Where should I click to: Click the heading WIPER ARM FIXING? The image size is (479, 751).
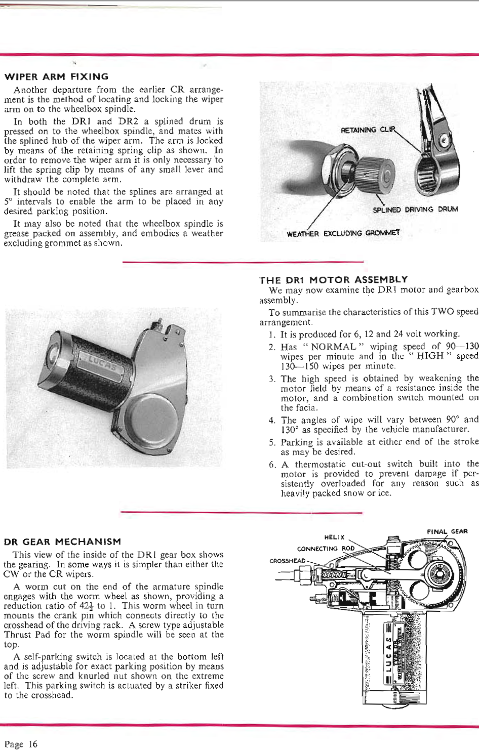point(56,77)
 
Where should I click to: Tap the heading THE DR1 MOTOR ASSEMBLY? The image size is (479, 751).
point(333,279)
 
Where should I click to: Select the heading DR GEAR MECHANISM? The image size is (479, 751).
point(62,541)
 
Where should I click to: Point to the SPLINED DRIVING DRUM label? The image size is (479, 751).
point(415,209)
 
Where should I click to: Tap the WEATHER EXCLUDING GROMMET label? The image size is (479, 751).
point(343,233)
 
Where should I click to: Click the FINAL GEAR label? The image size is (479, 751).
point(447,531)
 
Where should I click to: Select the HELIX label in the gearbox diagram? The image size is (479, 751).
point(334,537)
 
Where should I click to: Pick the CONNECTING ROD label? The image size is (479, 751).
point(326,549)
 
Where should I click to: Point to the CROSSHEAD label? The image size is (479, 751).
point(288,561)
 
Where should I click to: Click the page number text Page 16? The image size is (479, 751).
point(21,743)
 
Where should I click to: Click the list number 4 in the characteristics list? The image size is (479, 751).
point(272,420)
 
